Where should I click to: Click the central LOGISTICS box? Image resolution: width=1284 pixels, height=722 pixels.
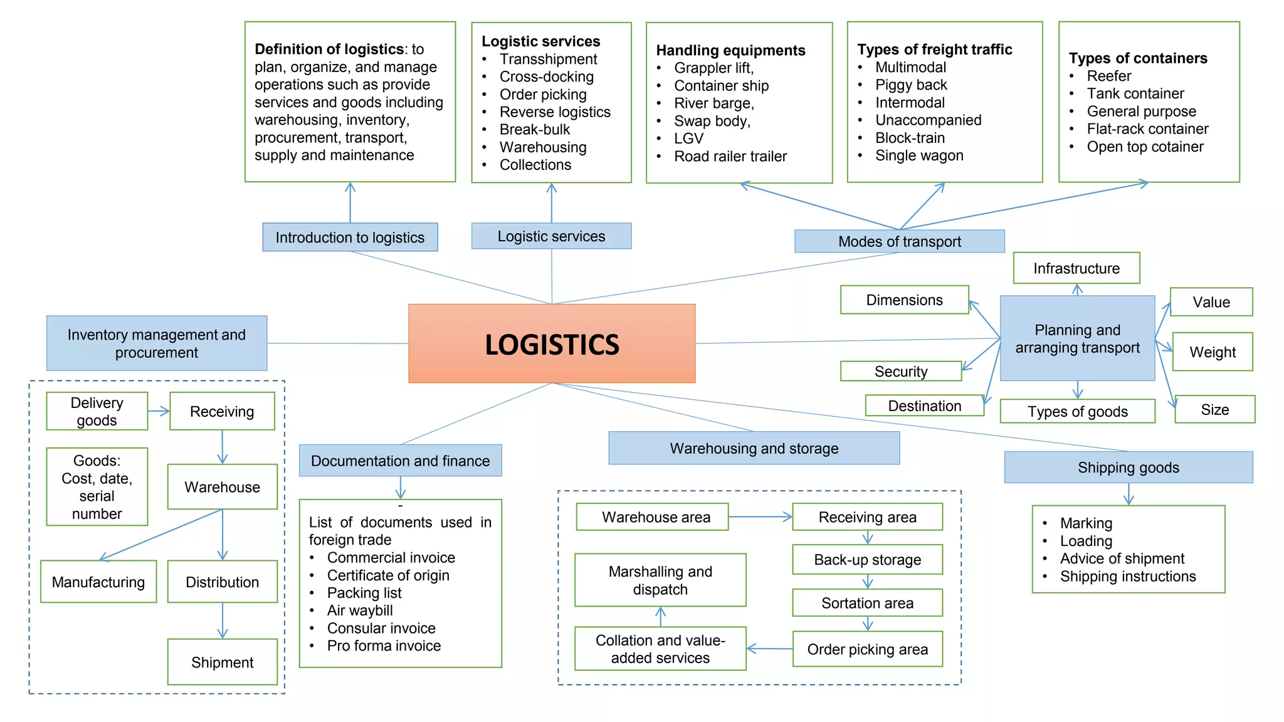[552, 343]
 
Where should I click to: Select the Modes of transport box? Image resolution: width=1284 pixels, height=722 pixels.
[899, 241]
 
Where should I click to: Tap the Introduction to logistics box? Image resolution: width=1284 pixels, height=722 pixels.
[350, 238]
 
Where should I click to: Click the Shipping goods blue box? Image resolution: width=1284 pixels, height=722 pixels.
[1128, 468]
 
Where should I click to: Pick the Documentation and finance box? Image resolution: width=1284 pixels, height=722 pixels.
[400, 461]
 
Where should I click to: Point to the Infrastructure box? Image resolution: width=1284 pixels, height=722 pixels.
[1076, 268]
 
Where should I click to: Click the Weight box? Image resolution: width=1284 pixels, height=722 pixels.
[1212, 352]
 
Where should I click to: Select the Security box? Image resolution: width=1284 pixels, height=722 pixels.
[900, 372]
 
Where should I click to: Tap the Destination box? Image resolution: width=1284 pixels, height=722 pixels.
[924, 406]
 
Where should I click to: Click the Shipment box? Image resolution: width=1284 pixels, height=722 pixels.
[222, 662]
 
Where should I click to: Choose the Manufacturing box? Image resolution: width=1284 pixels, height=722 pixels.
[98, 582]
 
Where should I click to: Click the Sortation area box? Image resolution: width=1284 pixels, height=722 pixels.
[867, 603]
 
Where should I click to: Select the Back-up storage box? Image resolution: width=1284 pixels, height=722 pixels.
[867, 560]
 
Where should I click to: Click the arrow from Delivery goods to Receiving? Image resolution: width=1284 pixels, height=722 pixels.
[159, 411]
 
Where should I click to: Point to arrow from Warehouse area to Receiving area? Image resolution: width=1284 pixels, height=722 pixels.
[760, 517]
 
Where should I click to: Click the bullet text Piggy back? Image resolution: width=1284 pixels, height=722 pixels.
[911, 85]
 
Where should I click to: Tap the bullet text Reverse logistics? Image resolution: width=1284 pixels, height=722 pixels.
[554, 112]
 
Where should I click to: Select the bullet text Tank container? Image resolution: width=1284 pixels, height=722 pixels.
[1135, 93]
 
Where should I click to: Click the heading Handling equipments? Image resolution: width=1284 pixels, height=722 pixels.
[730, 50]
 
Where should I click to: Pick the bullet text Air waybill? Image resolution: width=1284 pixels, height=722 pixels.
[360, 610]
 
